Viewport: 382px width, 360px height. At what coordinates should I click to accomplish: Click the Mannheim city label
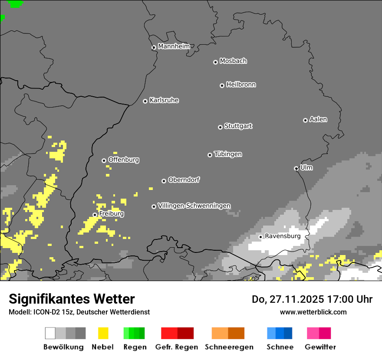(x=174, y=46)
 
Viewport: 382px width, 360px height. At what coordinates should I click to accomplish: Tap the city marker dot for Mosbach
(x=215, y=62)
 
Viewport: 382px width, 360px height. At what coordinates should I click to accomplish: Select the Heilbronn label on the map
(x=241, y=85)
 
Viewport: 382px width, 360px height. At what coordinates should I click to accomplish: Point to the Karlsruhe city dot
(x=145, y=101)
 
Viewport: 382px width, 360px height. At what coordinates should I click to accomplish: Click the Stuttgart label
(x=238, y=126)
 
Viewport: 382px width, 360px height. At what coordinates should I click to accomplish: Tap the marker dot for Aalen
(x=305, y=120)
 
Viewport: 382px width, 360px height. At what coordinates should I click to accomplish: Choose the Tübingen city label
(x=228, y=154)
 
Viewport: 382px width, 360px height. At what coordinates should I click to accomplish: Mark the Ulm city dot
(x=296, y=168)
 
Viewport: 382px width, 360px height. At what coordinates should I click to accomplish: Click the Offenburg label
(x=123, y=160)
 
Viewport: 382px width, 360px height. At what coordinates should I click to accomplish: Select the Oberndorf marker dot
(x=164, y=181)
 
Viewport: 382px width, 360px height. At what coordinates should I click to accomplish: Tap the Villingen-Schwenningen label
(x=194, y=206)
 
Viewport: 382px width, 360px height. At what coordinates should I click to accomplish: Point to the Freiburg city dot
(x=95, y=215)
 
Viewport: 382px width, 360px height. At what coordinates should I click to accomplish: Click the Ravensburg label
(x=283, y=236)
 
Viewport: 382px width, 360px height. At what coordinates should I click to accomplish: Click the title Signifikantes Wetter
(x=72, y=299)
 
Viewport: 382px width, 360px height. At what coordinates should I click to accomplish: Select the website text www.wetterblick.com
(x=313, y=312)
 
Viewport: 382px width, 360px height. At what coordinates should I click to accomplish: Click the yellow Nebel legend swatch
(x=103, y=333)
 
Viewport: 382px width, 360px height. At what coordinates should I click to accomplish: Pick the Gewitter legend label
(x=320, y=347)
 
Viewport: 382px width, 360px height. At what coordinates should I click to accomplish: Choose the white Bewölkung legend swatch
(x=50, y=333)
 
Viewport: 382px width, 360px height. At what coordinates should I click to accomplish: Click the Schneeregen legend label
(x=229, y=347)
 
